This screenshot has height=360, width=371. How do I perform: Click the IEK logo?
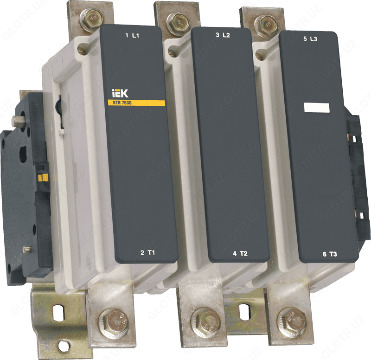click(x=120, y=95)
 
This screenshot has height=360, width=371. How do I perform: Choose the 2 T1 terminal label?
click(x=147, y=252)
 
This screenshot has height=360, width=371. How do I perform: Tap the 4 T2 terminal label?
click(x=240, y=254)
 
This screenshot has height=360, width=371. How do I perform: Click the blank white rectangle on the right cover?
click(x=316, y=108)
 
